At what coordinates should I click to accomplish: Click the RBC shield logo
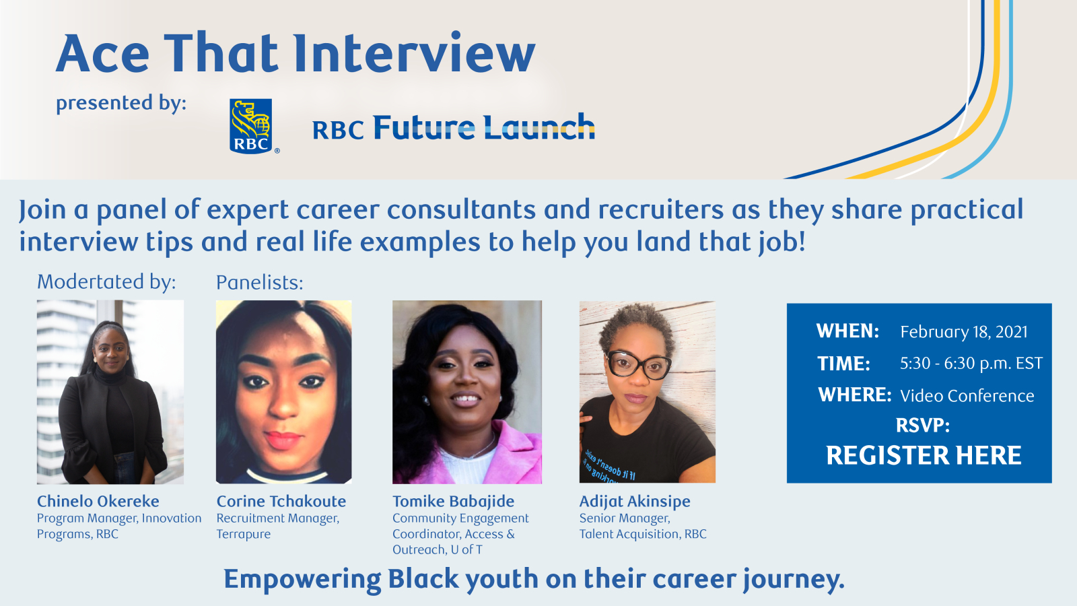click(x=251, y=126)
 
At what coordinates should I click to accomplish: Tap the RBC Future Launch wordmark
click(x=454, y=127)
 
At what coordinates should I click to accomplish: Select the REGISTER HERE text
click(x=924, y=455)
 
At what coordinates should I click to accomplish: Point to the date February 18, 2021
click(x=963, y=332)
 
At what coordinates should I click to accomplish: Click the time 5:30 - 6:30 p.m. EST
click(x=971, y=364)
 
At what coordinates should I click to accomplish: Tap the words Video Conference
click(x=967, y=396)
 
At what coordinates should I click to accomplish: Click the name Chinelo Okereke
click(x=98, y=501)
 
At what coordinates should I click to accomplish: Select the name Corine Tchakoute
click(x=281, y=501)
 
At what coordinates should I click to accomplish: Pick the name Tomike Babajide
click(x=454, y=501)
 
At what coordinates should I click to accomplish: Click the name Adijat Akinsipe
click(x=635, y=501)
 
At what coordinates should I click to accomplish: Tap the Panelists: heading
click(x=260, y=282)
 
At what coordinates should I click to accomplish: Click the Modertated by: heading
click(x=106, y=282)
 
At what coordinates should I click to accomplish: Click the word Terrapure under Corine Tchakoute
click(x=243, y=535)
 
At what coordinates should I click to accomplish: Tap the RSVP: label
click(x=923, y=426)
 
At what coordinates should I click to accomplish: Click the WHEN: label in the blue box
click(x=847, y=331)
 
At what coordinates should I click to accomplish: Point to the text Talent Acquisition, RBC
click(x=643, y=534)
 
